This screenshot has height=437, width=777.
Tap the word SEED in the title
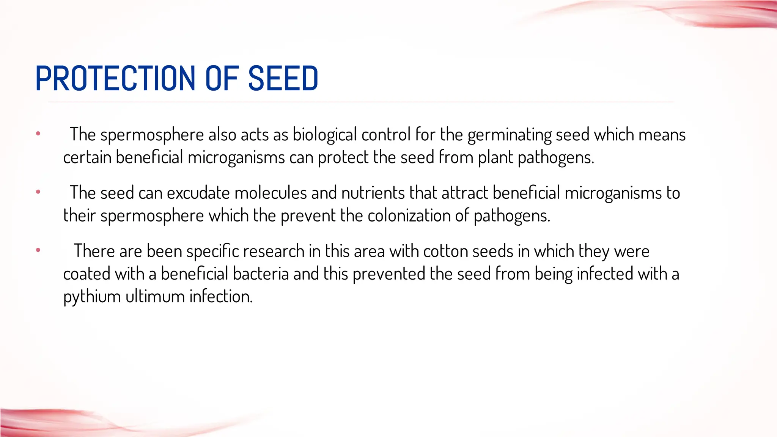point(283,79)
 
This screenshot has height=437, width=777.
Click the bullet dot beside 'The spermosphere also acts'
point(38,134)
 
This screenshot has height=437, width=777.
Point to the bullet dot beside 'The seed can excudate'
point(38,192)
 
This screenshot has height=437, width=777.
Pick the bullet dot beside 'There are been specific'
point(38,250)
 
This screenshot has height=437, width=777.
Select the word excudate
point(198,193)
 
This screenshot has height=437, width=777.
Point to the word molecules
point(271,193)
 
